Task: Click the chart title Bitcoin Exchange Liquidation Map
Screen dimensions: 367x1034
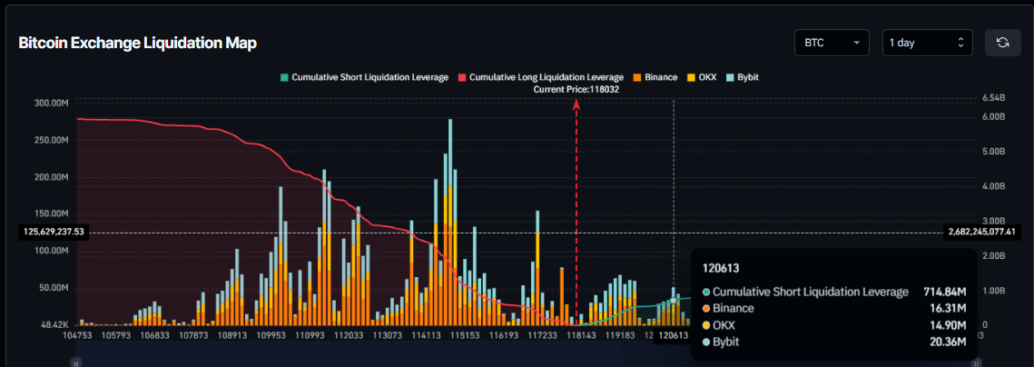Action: (138, 43)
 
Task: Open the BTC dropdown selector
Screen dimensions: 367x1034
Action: (831, 43)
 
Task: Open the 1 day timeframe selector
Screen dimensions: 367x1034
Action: (927, 43)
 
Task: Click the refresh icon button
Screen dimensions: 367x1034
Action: (1003, 43)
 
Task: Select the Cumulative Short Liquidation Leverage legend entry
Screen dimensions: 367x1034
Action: (364, 77)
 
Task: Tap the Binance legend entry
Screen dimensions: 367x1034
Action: (655, 77)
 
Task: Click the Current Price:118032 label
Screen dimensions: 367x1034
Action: (576, 89)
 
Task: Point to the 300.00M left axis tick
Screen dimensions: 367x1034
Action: (51, 103)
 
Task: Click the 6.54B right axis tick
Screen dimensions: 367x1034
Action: (994, 97)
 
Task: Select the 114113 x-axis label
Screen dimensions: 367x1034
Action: (426, 335)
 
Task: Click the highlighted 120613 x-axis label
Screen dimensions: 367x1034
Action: (673, 335)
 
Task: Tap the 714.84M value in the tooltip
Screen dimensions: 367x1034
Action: (944, 292)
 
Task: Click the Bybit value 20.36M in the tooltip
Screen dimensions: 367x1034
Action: (948, 342)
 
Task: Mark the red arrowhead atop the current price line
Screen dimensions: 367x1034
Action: (576, 104)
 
